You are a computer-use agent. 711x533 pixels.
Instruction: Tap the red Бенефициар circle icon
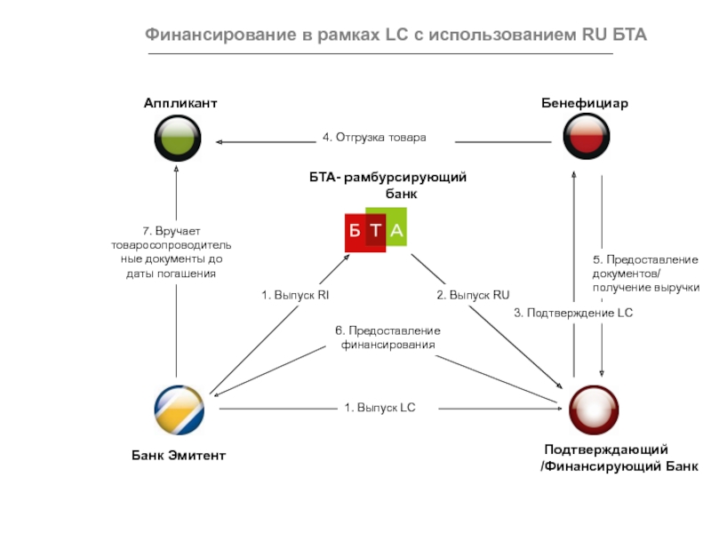click(586, 138)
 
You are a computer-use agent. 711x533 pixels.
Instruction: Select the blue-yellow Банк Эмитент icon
click(179, 410)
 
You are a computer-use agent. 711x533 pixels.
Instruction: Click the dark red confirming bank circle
click(593, 410)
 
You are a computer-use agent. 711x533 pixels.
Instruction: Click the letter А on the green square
click(396, 231)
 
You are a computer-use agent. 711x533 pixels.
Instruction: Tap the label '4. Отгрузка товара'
click(374, 138)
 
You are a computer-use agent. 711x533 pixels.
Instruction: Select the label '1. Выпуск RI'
click(295, 294)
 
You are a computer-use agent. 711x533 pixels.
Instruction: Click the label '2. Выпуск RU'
click(473, 294)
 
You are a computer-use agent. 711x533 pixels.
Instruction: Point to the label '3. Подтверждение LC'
click(573, 313)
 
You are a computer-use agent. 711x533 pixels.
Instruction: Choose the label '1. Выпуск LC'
click(380, 408)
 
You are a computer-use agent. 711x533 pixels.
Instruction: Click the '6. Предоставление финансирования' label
click(387, 338)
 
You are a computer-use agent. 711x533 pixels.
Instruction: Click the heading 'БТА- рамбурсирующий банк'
click(388, 186)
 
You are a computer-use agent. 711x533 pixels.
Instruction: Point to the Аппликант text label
click(180, 104)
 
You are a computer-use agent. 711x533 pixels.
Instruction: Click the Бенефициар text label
click(585, 104)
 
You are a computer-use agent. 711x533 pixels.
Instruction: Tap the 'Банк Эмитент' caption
click(179, 456)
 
